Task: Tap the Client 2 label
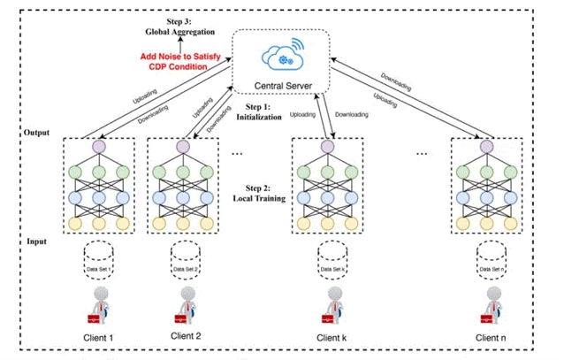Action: point(185,336)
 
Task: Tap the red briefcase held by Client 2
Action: point(179,315)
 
